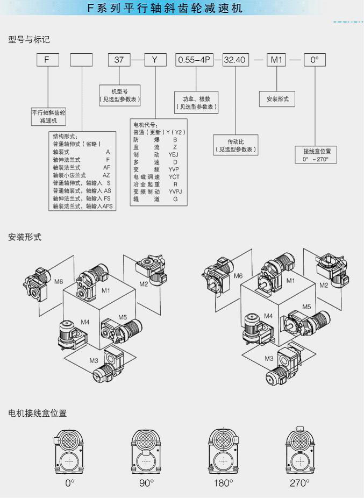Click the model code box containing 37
pyautogui.click(x=119, y=60)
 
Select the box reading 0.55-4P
pyautogui.click(x=197, y=60)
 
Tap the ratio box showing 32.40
pyautogui.click(x=234, y=60)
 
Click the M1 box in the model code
pyautogui.click(x=277, y=60)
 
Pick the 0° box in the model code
pyautogui.click(x=315, y=60)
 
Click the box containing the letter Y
pyautogui.click(x=155, y=60)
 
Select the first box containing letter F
pyautogui.click(x=48, y=60)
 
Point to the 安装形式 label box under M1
pyautogui.click(x=277, y=99)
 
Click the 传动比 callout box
pyautogui.click(x=235, y=145)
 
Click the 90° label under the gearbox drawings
pyautogui.click(x=146, y=483)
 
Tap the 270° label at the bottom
pyautogui.click(x=299, y=483)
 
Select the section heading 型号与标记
pyautogui.click(x=29, y=39)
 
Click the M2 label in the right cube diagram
pyautogui.click(x=324, y=285)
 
